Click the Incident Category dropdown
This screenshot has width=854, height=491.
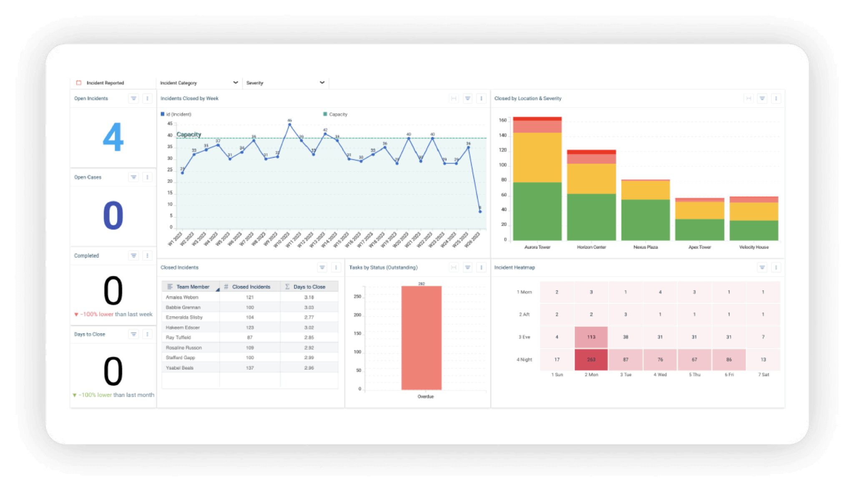(198, 83)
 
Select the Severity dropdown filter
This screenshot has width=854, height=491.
(285, 83)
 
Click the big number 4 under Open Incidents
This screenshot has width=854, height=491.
(113, 137)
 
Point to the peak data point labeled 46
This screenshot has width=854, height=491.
(289, 124)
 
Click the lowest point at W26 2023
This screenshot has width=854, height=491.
(480, 212)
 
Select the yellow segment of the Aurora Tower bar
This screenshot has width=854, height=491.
(537, 157)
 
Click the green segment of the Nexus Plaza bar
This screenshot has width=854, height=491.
(646, 219)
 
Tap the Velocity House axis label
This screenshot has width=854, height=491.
(754, 247)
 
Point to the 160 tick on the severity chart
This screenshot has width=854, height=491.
(502, 121)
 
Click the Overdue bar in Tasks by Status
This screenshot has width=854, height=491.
(421, 337)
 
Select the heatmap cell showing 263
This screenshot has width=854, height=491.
(591, 360)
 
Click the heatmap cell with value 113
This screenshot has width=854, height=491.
(591, 337)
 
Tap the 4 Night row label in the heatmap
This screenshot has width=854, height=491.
(524, 360)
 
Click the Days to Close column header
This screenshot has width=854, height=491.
(309, 287)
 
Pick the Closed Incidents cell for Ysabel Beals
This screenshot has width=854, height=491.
(250, 368)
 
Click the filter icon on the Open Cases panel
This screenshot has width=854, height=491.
(133, 177)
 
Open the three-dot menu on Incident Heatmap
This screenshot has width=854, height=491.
(776, 267)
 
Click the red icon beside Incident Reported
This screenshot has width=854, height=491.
(79, 83)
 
